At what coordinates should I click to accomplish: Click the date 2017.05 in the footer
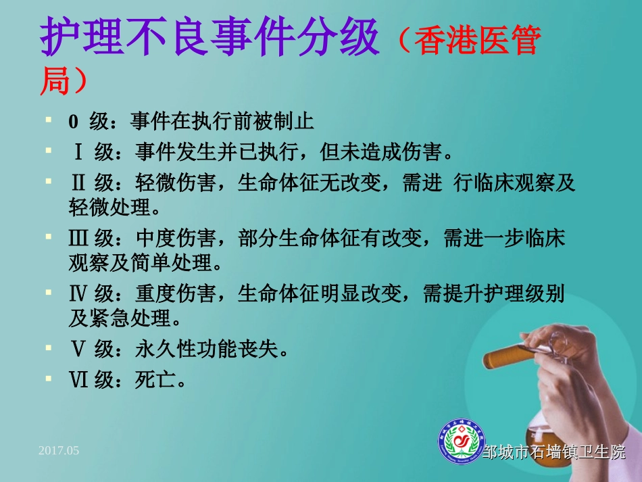[59, 450]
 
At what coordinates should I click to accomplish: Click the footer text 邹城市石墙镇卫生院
[554, 452]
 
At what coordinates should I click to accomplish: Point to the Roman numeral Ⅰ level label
[78, 151]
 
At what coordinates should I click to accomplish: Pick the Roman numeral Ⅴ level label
[78, 350]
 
